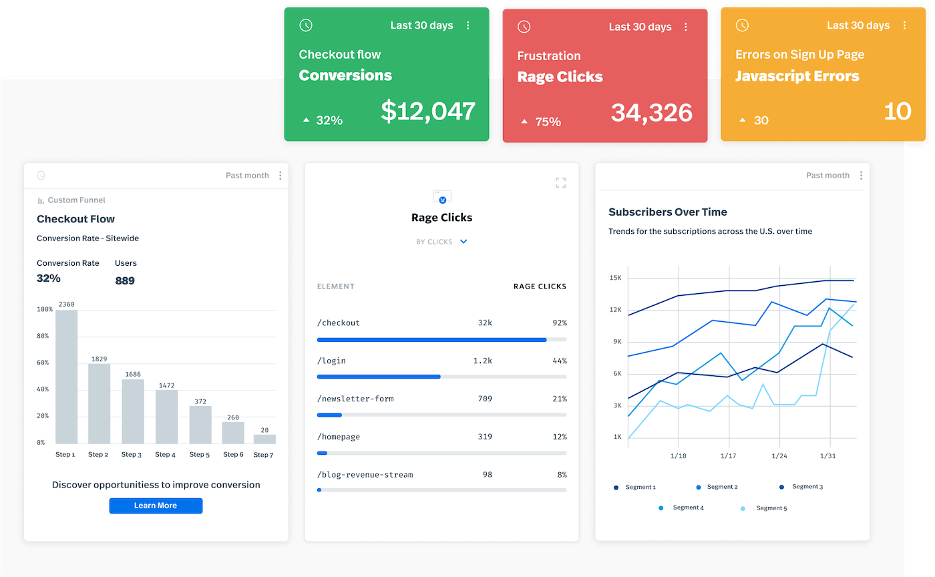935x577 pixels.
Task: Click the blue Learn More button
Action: pyautogui.click(x=156, y=506)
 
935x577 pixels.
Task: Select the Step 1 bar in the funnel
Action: pyautogui.click(x=66, y=377)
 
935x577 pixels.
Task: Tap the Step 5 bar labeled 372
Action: pyautogui.click(x=200, y=425)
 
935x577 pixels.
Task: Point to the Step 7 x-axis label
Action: pyautogui.click(x=264, y=455)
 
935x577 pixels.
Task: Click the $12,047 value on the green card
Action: pyautogui.click(x=428, y=112)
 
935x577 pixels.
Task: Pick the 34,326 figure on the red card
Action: pyautogui.click(x=651, y=113)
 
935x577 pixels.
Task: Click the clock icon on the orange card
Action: pyautogui.click(x=742, y=25)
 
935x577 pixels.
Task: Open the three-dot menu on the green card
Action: pyautogui.click(x=468, y=25)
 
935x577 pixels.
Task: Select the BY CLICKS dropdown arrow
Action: pyautogui.click(x=464, y=242)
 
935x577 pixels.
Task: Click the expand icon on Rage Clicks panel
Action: pyautogui.click(x=561, y=183)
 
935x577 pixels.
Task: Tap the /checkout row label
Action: pyautogui.click(x=339, y=323)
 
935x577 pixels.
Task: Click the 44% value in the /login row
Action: pyautogui.click(x=560, y=361)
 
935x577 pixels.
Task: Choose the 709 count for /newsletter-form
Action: pyautogui.click(x=485, y=399)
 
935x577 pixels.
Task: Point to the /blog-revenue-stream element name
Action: pyautogui.click(x=365, y=475)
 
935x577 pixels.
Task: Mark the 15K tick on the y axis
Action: pyautogui.click(x=615, y=278)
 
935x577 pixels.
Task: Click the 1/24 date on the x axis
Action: pyautogui.click(x=779, y=456)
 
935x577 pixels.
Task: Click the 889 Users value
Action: pyautogui.click(x=125, y=280)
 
